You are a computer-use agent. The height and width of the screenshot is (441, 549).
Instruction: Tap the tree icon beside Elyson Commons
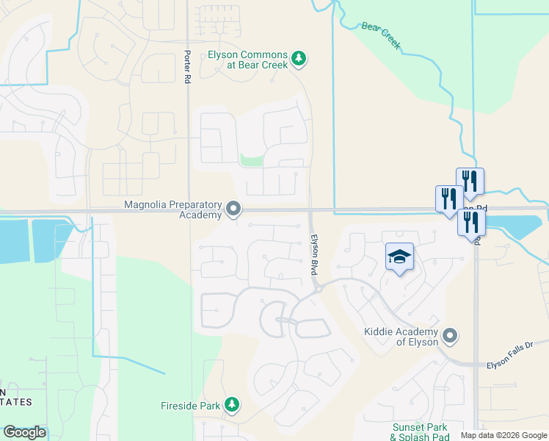tap(298, 58)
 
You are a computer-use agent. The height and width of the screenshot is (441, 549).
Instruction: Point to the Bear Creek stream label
tap(381, 35)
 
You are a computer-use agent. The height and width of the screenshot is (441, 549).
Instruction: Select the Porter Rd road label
tap(188, 66)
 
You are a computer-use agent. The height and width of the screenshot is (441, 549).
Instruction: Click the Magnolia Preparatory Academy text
tap(173, 209)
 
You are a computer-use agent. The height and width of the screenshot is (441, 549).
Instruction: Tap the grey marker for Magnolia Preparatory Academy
tap(233, 210)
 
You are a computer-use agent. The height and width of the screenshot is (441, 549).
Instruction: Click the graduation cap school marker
tap(399, 257)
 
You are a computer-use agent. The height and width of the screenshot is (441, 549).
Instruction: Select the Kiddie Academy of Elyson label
tap(401, 337)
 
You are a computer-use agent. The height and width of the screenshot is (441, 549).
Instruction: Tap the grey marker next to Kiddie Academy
tap(451, 337)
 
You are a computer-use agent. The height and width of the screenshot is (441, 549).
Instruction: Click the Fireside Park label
tap(190, 405)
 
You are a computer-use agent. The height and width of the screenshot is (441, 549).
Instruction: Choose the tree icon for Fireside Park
tap(232, 405)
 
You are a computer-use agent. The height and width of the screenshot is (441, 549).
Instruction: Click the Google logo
tap(24, 432)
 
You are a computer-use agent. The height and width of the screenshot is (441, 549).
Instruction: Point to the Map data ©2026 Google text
tap(503, 435)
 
